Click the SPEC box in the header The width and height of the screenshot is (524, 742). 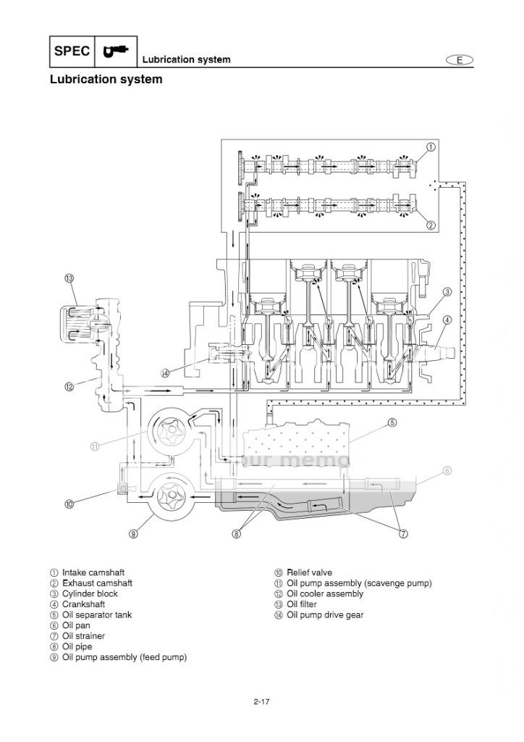coord(72,51)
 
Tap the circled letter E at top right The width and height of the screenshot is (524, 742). coord(459,60)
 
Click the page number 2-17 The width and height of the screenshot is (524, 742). coord(261,700)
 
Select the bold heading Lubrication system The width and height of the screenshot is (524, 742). coord(106,80)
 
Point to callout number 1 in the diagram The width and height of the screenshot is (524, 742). coord(431,146)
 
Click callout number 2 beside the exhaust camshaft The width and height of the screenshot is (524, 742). coord(431,225)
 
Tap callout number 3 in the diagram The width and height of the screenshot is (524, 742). coord(447,292)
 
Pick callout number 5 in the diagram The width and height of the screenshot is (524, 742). coord(392,422)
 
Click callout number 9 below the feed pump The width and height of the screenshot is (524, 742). coord(133,534)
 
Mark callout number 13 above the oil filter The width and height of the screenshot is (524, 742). coord(69,278)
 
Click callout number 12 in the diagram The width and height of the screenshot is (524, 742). coord(69,386)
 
